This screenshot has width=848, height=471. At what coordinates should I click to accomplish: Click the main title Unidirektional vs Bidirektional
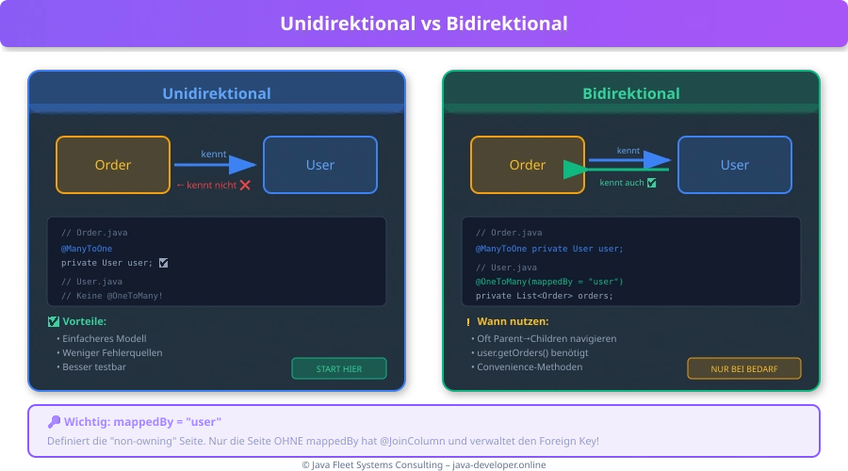(x=423, y=24)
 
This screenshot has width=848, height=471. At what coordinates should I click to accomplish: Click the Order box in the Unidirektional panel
(x=113, y=165)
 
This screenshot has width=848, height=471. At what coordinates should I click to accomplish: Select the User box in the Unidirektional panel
(x=320, y=165)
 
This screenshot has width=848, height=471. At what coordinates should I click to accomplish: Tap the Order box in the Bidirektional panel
(x=528, y=165)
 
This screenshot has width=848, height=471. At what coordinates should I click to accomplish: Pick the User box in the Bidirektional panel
(x=735, y=165)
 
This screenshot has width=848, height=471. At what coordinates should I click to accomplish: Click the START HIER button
(x=339, y=368)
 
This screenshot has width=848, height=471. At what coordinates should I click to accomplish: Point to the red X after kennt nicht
(x=245, y=186)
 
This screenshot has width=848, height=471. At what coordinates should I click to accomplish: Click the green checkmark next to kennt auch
(x=651, y=183)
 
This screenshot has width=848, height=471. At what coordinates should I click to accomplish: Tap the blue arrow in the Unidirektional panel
(x=217, y=165)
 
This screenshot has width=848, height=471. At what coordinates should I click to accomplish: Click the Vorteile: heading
(x=84, y=321)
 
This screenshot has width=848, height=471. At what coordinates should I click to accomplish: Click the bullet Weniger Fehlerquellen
(x=112, y=352)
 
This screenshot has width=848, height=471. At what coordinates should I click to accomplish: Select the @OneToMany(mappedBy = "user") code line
(x=549, y=282)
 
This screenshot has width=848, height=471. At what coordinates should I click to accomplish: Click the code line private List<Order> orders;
(x=544, y=296)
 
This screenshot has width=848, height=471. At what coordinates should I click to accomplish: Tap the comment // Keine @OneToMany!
(x=112, y=296)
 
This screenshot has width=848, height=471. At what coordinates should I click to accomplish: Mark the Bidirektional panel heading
(x=630, y=93)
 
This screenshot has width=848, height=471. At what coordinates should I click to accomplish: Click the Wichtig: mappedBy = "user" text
(x=141, y=421)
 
